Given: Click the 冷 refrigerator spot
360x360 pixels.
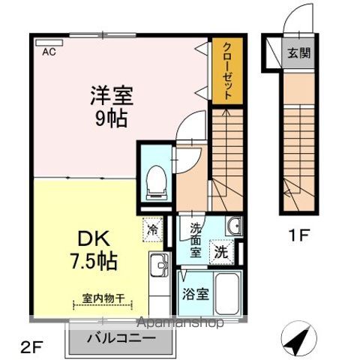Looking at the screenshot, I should pos(153,229).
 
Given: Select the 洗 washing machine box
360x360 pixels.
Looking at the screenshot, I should pos(222,251).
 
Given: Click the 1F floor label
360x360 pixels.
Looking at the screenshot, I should pos(298,235).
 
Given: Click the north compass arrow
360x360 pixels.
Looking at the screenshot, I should pos(298,342).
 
